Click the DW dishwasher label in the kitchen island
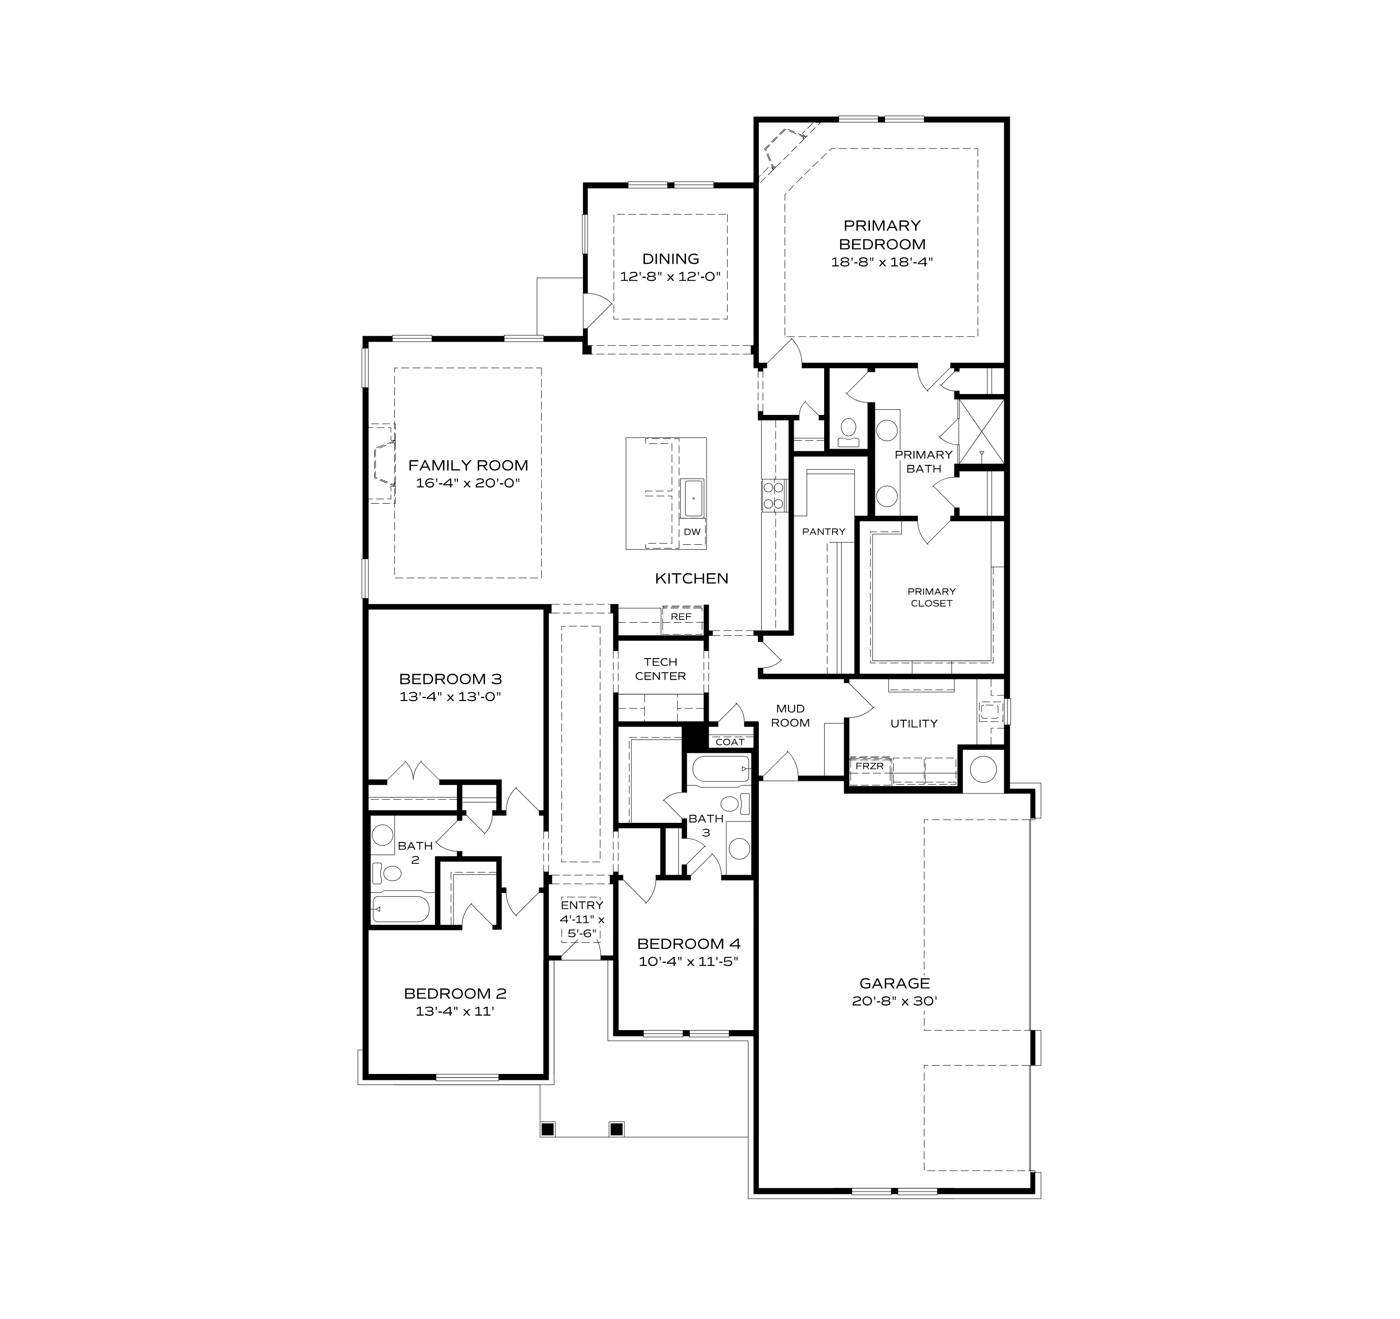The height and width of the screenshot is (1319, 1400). point(692,532)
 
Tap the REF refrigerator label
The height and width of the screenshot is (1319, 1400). point(680,616)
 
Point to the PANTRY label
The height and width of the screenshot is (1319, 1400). point(823,532)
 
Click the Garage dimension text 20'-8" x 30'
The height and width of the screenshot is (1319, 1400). point(894,1001)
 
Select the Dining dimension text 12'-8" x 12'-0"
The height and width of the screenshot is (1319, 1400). point(671,277)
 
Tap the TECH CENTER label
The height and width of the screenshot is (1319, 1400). point(660,668)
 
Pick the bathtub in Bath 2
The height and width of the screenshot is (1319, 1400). point(400,908)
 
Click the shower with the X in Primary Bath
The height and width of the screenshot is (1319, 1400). point(981,432)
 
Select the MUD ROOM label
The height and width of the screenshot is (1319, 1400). point(790,716)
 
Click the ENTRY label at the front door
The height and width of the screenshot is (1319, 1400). point(581,905)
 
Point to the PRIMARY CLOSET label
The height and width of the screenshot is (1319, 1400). point(931,597)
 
